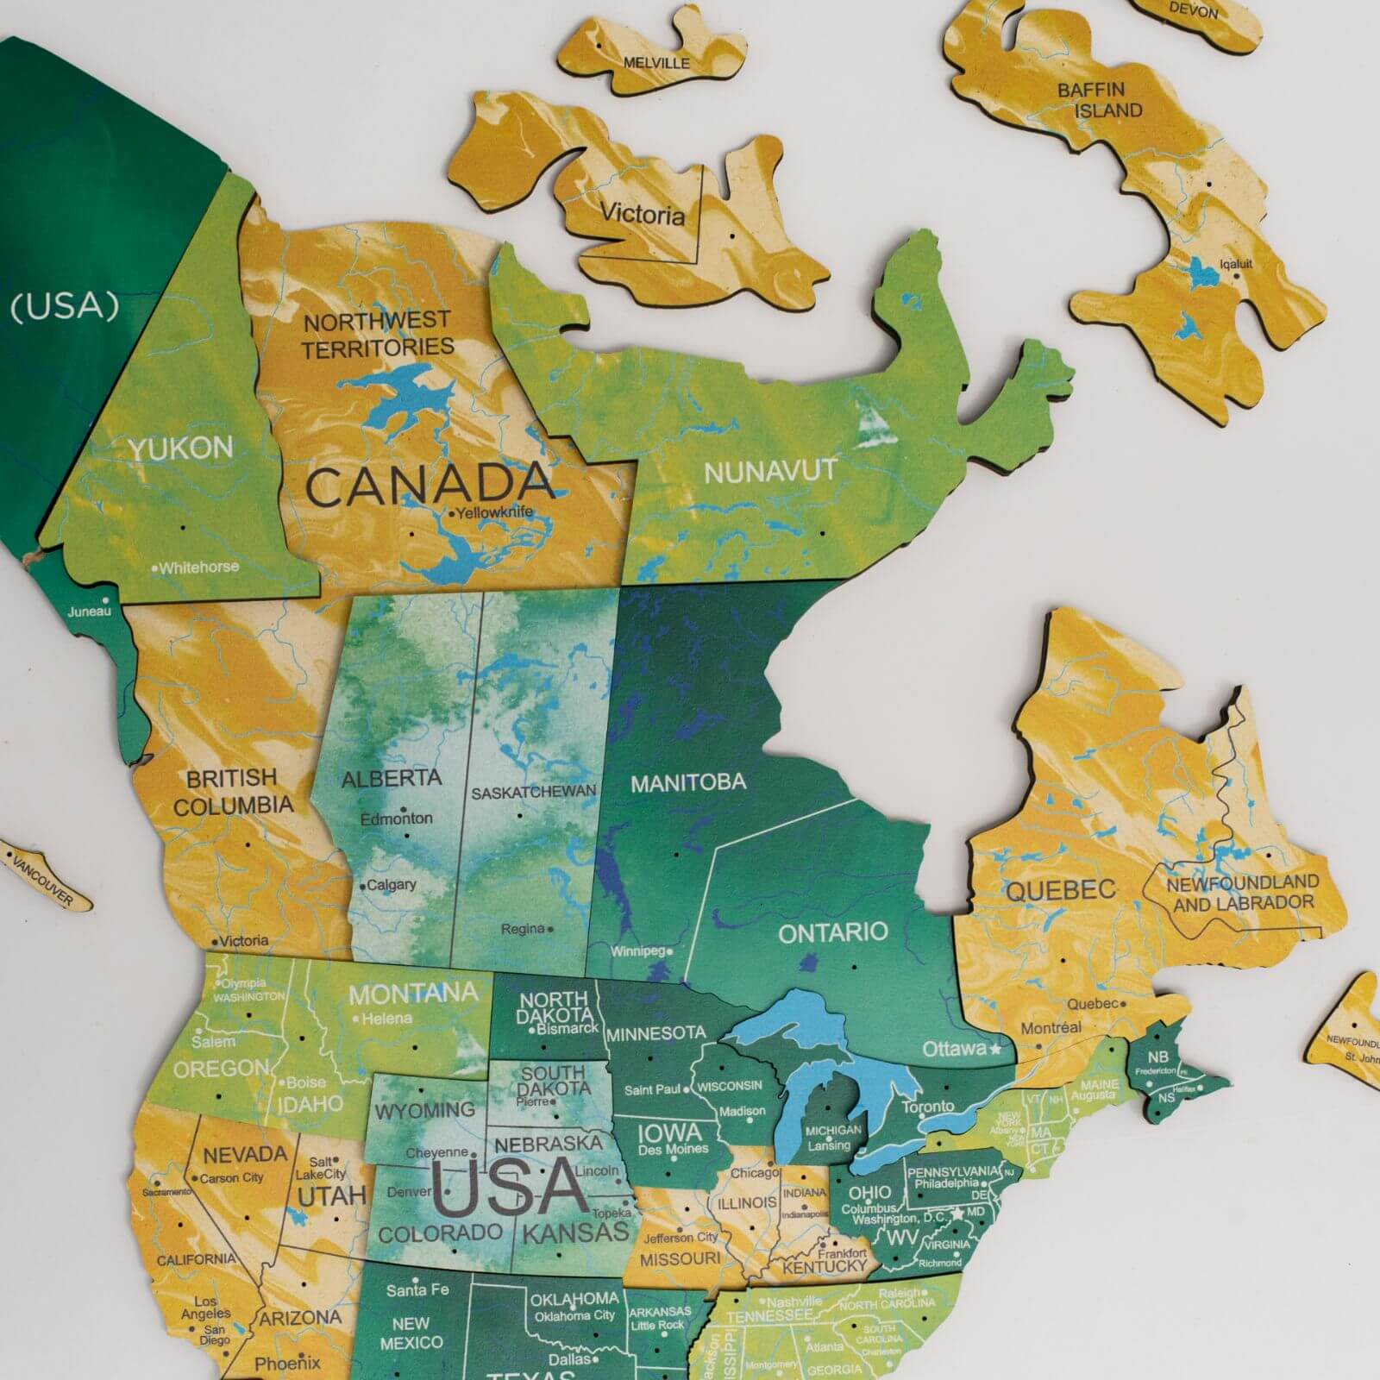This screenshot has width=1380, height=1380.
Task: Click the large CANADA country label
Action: (x=429, y=485)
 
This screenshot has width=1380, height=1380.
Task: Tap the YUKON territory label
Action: (x=181, y=448)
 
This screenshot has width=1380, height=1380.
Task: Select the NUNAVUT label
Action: (x=770, y=471)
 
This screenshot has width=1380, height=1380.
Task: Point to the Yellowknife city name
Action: (x=494, y=512)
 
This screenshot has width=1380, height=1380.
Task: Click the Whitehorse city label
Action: (x=198, y=568)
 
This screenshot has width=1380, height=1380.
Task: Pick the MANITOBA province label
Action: (x=687, y=783)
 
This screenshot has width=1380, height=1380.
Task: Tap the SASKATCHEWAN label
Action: (x=533, y=792)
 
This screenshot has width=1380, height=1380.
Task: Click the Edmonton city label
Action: (x=396, y=818)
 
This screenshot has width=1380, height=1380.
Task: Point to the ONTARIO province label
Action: (x=832, y=932)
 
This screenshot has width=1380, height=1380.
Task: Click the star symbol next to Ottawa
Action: (x=995, y=1049)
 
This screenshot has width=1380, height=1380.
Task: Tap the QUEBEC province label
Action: (x=1060, y=890)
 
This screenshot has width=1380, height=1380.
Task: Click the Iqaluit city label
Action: (x=1236, y=264)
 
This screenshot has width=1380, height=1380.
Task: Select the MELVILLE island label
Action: (x=656, y=63)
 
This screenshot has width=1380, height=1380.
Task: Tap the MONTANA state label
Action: (x=413, y=994)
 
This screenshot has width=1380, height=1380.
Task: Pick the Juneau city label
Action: (x=90, y=611)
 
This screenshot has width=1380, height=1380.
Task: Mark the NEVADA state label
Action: (x=245, y=1154)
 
